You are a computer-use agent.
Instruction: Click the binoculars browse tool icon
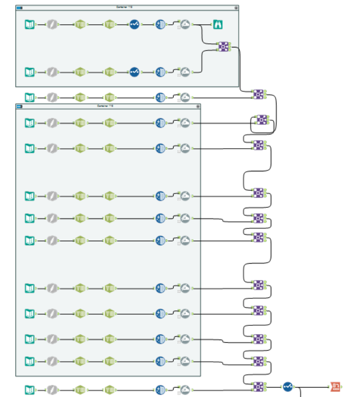coord(218,24)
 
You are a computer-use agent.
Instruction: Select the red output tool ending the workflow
coord(335,386)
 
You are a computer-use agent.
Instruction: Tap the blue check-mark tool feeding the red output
coord(288,386)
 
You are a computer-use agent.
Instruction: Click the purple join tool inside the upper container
coord(225,47)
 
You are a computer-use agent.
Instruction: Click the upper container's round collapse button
coord(236,8)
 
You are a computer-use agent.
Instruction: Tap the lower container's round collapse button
coord(198,106)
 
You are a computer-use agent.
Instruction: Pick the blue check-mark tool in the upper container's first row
coord(134,24)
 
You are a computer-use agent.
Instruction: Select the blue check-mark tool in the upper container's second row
coord(134,72)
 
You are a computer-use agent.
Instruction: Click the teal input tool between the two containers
coord(30,97)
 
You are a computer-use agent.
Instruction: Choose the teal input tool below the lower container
coord(30,390)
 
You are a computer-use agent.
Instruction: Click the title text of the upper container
coord(126,7)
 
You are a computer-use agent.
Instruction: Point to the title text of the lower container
coord(106,106)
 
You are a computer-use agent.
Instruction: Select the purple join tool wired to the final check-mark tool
coord(258,386)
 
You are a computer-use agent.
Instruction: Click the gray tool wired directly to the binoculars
coord(185,24)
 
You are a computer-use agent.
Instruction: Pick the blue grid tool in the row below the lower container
coord(160,390)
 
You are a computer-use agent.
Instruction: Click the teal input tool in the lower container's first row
coord(30,123)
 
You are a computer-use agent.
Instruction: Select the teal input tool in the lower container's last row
coord(30,361)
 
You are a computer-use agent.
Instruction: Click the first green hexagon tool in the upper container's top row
coord(80,24)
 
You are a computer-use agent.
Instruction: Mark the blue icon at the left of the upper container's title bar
coord(20,8)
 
